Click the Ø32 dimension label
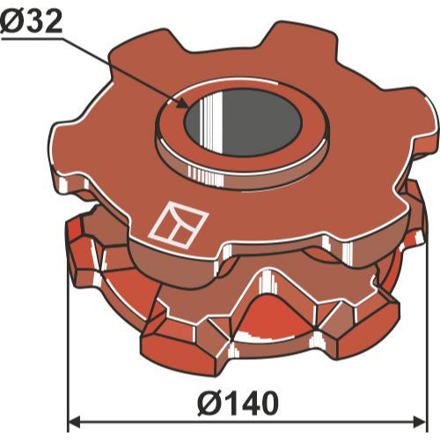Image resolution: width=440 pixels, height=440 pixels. point(31,22)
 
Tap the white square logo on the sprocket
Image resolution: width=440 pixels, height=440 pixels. point(179,224)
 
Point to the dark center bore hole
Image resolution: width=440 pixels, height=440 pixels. point(242,121)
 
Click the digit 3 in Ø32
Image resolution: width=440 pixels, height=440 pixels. point(33,22)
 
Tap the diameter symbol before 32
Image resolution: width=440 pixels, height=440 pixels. point(11,22)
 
